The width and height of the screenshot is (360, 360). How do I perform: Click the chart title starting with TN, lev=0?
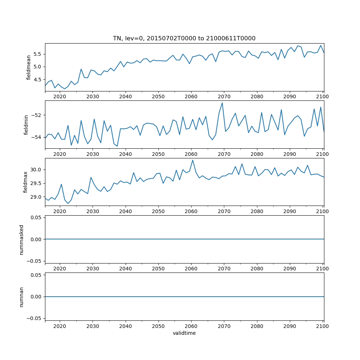184,39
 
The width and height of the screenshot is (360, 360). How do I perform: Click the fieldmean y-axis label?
29,67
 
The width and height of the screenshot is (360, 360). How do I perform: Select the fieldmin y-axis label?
26,125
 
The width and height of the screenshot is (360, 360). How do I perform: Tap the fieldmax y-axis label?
26,182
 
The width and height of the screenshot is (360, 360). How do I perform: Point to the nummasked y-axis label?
22,239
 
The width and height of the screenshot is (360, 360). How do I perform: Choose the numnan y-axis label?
22,297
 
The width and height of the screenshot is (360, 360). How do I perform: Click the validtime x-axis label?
184,333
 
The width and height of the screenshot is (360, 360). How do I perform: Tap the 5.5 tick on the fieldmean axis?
37,54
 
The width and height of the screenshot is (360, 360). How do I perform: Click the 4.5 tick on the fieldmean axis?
37,80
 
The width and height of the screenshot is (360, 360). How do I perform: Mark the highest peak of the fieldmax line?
193,160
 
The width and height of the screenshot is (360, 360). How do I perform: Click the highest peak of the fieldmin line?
222,103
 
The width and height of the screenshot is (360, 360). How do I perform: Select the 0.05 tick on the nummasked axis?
36,217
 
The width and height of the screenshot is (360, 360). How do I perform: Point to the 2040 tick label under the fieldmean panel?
125,96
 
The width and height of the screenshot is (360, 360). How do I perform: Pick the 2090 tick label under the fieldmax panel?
290,211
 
